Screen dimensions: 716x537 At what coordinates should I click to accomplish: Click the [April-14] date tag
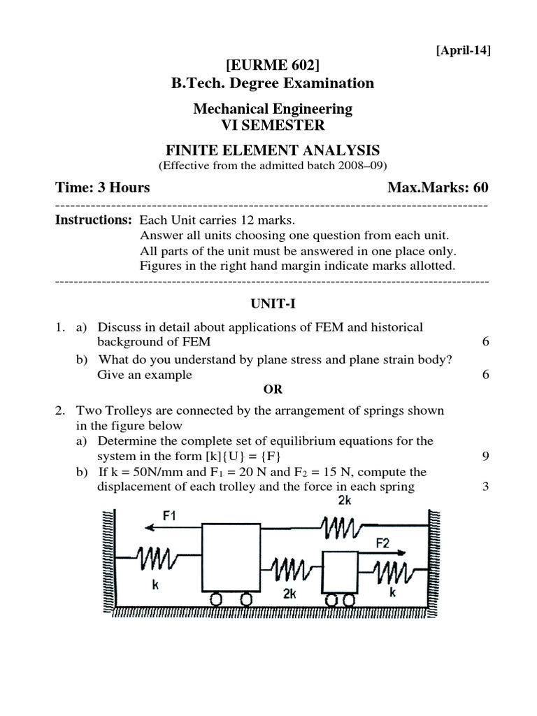tap(463, 50)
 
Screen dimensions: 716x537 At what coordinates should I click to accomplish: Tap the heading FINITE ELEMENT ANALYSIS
tap(273, 150)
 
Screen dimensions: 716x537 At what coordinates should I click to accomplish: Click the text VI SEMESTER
tap(273, 125)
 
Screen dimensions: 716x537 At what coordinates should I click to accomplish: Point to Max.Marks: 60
tap(438, 188)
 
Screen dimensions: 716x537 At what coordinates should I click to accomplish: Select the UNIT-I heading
tap(272, 303)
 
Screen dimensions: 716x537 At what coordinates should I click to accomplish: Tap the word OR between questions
tap(273, 389)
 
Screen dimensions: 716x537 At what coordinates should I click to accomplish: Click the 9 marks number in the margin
tap(485, 457)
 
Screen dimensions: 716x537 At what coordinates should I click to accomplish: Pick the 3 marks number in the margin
tap(485, 487)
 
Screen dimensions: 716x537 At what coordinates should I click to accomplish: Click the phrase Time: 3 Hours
tap(102, 188)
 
